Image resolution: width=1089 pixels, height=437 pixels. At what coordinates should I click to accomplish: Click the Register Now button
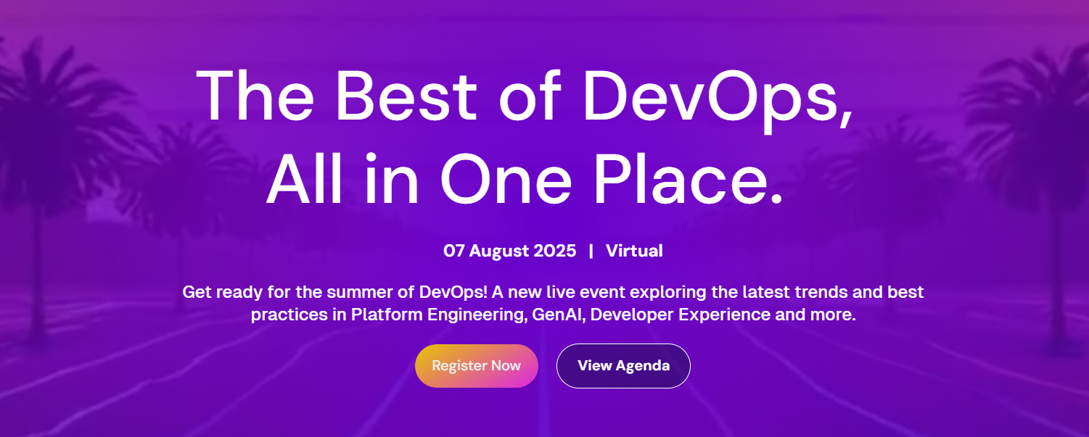(x=477, y=366)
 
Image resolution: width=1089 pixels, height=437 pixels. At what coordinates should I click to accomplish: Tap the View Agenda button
(x=623, y=366)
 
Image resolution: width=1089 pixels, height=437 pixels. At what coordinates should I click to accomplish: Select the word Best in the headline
(x=406, y=96)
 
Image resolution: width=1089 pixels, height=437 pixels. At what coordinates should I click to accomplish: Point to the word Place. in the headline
(x=688, y=180)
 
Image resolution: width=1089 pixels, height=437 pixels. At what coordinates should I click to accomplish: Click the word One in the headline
(x=506, y=180)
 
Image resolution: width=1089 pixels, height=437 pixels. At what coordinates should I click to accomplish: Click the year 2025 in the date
(x=555, y=251)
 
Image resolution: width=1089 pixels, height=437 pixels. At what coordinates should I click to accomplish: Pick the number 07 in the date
(x=453, y=251)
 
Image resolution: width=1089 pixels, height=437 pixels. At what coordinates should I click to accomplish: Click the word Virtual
(x=634, y=251)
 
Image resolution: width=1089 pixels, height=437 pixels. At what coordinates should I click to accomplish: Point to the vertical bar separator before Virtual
(x=591, y=251)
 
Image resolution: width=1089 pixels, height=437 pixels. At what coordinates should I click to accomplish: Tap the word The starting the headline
(x=255, y=96)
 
